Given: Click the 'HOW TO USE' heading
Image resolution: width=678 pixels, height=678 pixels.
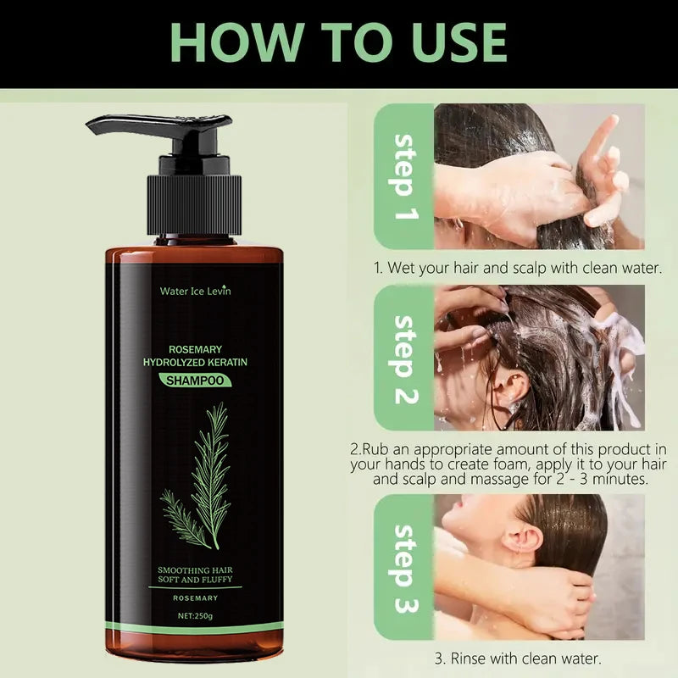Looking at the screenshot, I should tap(339, 42).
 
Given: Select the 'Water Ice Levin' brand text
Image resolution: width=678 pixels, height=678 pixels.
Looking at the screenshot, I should tap(195, 291).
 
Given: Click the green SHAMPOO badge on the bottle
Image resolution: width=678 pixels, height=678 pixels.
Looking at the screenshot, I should tap(195, 381).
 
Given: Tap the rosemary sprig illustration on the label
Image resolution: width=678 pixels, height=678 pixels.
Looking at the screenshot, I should tap(199, 479).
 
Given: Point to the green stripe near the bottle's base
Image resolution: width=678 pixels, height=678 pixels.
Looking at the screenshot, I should tap(195, 628).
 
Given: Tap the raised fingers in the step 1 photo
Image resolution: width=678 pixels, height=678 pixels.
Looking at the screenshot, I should tap(606, 165).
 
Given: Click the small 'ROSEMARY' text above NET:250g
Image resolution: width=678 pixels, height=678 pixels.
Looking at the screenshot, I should tap(195, 597).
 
